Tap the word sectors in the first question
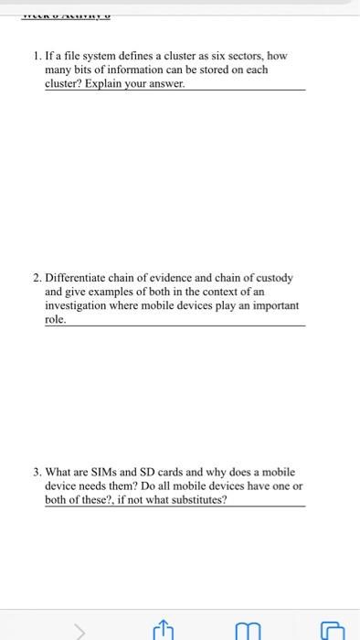[230, 56]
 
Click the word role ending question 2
[55, 320]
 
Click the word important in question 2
[268, 305]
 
